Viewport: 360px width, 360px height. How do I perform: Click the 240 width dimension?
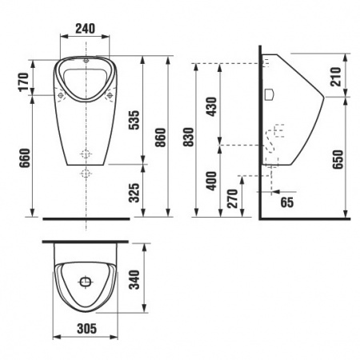point(85,29)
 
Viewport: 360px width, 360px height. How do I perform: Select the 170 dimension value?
point(24,82)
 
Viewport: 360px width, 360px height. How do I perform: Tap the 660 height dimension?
point(25,158)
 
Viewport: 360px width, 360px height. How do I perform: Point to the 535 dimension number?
point(134,120)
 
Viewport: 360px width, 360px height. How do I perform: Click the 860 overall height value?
point(161,138)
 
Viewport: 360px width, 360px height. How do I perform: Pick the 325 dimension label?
point(134,193)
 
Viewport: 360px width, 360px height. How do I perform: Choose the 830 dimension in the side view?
point(189,137)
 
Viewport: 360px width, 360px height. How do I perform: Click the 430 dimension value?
point(212,106)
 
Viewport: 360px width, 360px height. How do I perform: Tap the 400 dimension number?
point(212,181)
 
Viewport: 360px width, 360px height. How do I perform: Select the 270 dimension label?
point(233,198)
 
